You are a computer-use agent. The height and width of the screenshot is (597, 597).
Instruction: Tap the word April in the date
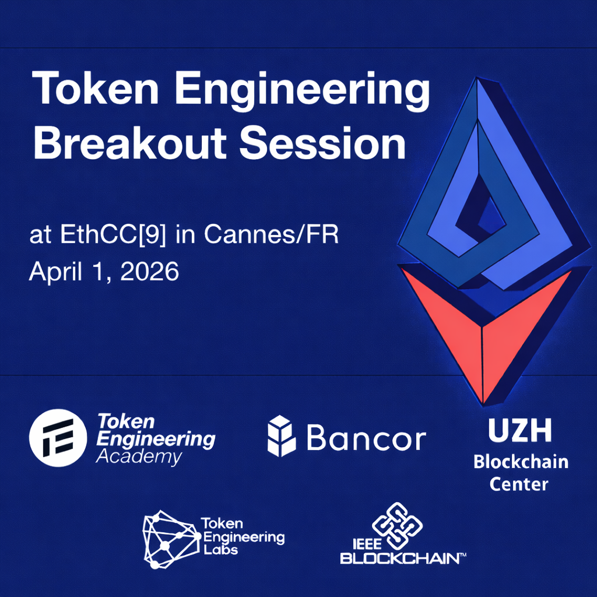click(x=52, y=272)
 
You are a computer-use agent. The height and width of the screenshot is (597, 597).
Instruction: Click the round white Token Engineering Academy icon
click(x=57, y=437)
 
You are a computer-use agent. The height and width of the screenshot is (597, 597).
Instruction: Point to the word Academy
click(x=138, y=456)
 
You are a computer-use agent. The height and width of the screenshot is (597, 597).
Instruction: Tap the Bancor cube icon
click(x=282, y=436)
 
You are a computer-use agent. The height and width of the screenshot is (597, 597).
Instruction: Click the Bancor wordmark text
click(x=366, y=438)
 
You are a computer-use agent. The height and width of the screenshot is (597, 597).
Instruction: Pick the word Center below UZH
click(x=519, y=484)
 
